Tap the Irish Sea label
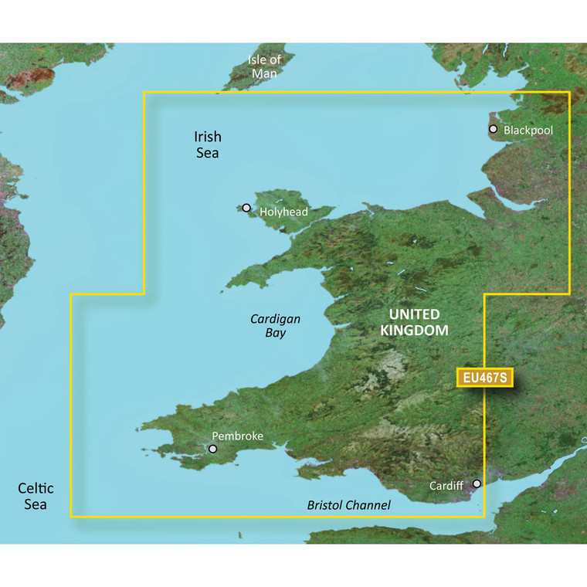[206, 144]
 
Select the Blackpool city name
[528, 131]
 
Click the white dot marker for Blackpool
[494, 129]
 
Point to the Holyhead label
[283, 212]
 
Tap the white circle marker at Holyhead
[246, 208]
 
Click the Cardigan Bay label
[275, 325]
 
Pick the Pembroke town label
[239, 436]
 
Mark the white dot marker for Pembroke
[212, 448]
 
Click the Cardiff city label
[448, 486]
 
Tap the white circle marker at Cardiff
[477, 484]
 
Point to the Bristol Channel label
[348, 505]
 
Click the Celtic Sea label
[36, 496]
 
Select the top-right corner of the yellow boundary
[568, 93]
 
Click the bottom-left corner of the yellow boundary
[71, 515]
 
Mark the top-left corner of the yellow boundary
[144, 93]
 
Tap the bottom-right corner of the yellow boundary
[484, 515]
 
